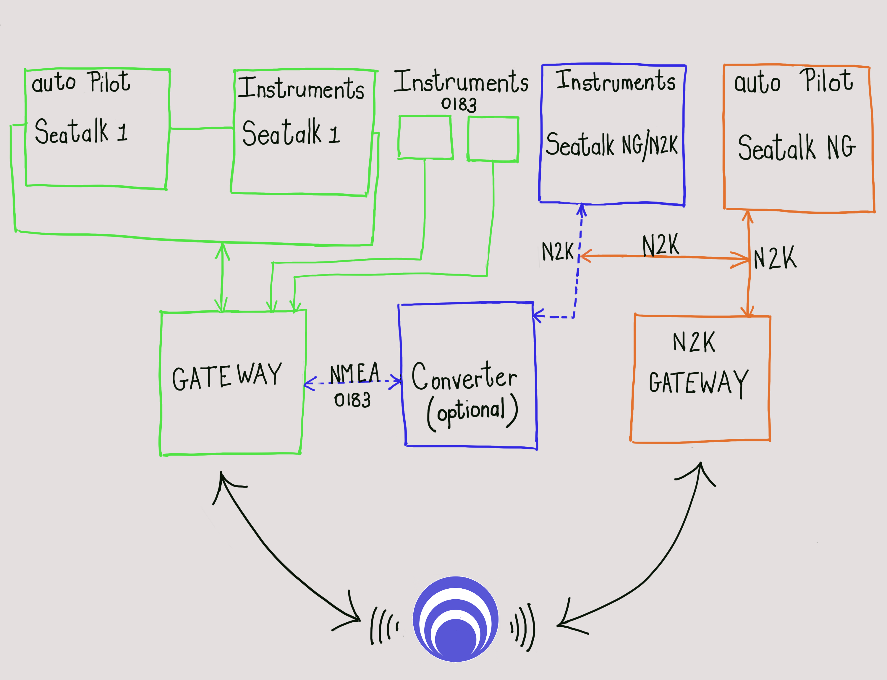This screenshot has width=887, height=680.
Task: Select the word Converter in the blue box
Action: click(464, 376)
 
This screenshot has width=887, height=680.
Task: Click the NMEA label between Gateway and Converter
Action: click(355, 373)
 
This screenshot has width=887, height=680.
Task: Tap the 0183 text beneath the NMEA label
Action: click(352, 400)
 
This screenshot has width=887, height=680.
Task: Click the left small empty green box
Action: click(425, 137)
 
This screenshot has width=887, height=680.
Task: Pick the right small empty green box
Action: click(493, 139)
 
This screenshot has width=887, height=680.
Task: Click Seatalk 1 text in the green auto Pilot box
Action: click(81, 131)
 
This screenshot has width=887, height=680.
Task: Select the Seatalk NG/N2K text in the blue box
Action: click(612, 145)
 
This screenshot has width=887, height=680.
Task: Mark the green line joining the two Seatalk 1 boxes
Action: click(202, 128)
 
